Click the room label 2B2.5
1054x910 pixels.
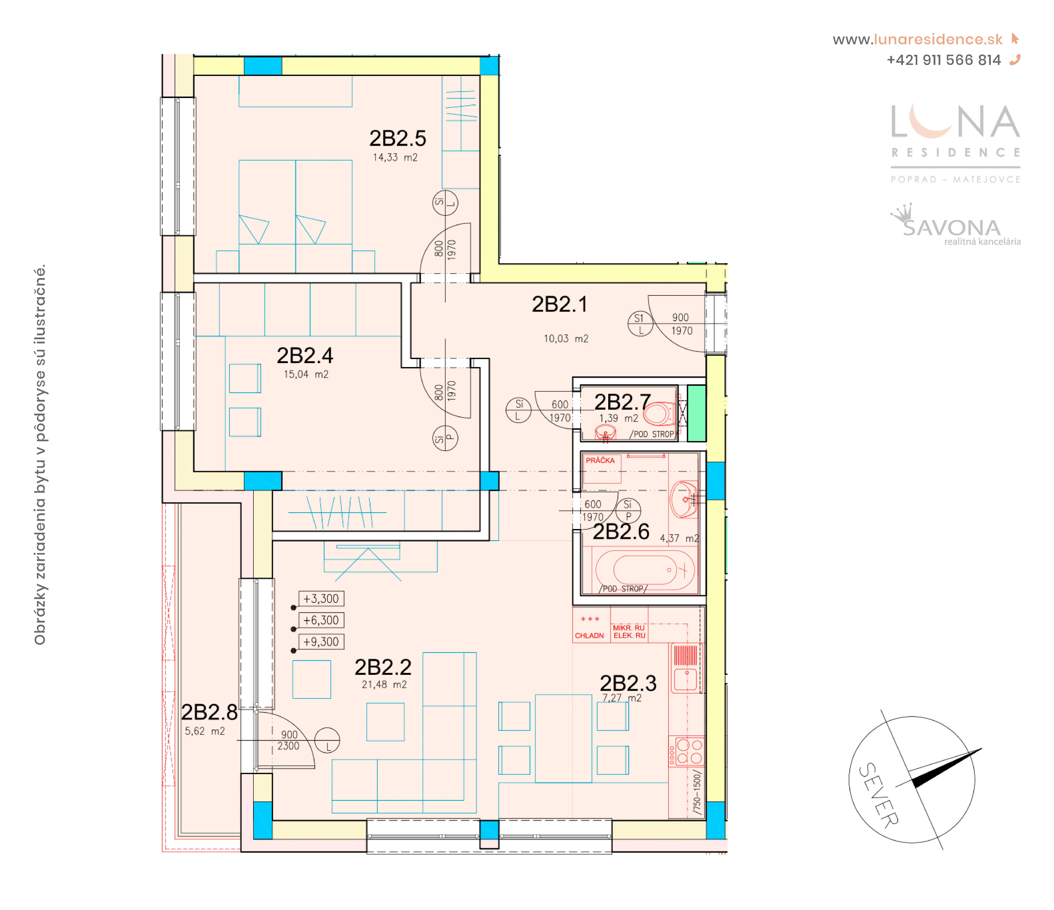pos(397,138)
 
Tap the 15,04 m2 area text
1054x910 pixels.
pos(306,374)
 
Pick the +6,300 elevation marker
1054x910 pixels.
pos(321,620)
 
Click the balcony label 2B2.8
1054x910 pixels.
pos(209,712)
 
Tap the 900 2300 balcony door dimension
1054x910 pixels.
pos(288,740)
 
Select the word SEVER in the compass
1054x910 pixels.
pos(878,795)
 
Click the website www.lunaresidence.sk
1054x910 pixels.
pos(917,40)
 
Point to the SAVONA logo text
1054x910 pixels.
pos(951,228)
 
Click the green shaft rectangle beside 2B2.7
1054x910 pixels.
pos(696,413)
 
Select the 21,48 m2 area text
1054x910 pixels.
pos(384,685)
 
